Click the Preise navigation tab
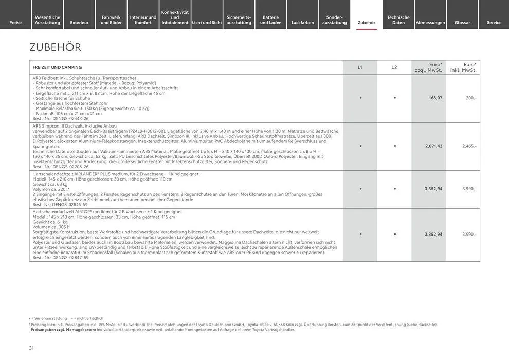(x=15, y=22)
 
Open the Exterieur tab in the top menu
(x=79, y=22)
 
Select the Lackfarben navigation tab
(x=302, y=22)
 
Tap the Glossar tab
(x=462, y=22)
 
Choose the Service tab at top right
(x=494, y=22)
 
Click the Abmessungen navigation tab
(x=430, y=22)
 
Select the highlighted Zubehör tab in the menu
(x=367, y=22)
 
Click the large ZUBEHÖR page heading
(x=56, y=47)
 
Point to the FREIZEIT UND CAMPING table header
(x=57, y=67)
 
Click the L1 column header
(x=360, y=67)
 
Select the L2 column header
(x=394, y=67)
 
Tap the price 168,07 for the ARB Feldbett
(x=435, y=98)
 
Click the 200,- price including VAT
(x=471, y=98)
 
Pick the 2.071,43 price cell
(x=433, y=146)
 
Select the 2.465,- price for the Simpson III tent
(x=469, y=146)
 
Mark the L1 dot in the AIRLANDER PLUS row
(x=360, y=189)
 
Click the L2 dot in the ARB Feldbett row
(x=394, y=98)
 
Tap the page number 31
(x=31, y=348)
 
